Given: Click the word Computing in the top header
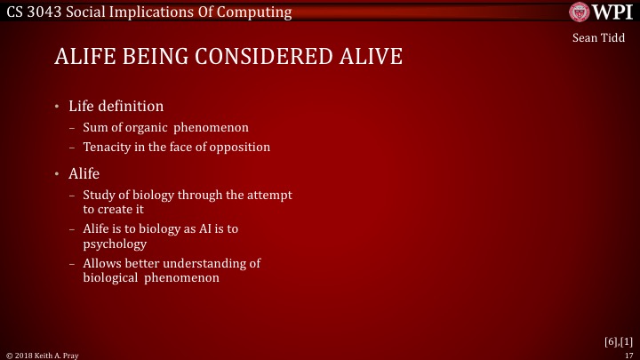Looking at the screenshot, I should click(x=255, y=12).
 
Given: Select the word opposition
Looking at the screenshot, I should click(x=240, y=147).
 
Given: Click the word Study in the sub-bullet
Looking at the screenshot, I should click(x=100, y=195).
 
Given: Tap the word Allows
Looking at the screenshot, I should click(x=101, y=263).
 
